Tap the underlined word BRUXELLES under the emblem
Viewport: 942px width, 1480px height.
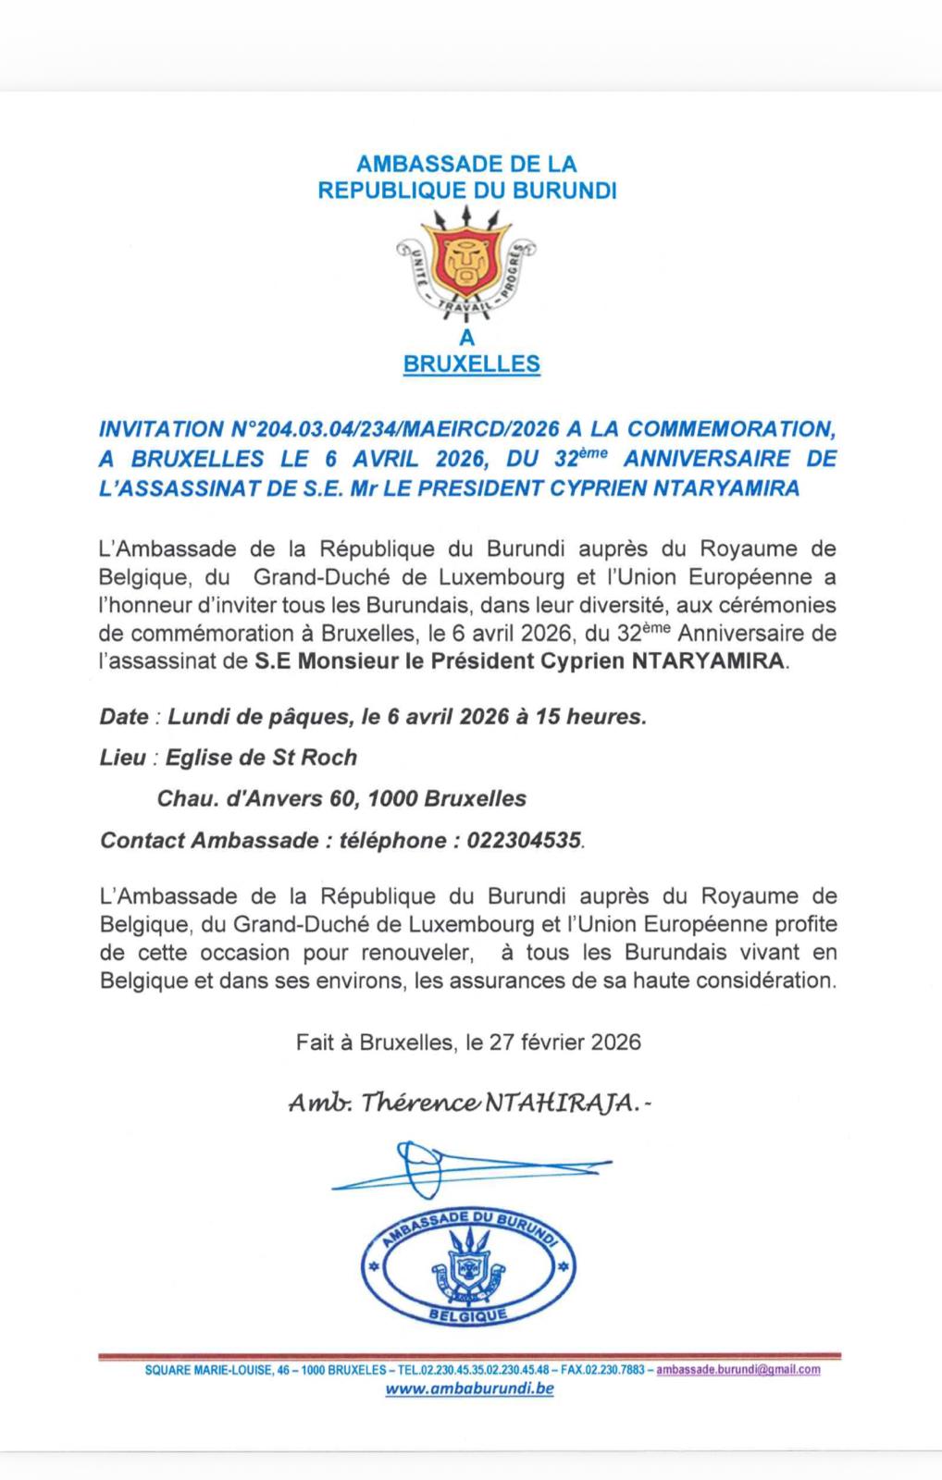pyautogui.click(x=471, y=364)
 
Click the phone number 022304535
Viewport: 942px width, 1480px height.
pyautogui.click(x=525, y=840)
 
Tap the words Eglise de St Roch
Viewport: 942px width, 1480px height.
pyautogui.click(x=261, y=758)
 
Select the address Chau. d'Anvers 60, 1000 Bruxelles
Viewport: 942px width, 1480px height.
pyautogui.click(x=341, y=798)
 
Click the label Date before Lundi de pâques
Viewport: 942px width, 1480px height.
pyautogui.click(x=124, y=717)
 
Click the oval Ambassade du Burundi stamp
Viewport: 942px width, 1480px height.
pyautogui.click(x=467, y=1268)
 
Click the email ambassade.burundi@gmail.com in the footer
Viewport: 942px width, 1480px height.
pyautogui.click(x=737, y=1369)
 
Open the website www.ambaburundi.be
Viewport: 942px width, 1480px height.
pyautogui.click(x=469, y=1388)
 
